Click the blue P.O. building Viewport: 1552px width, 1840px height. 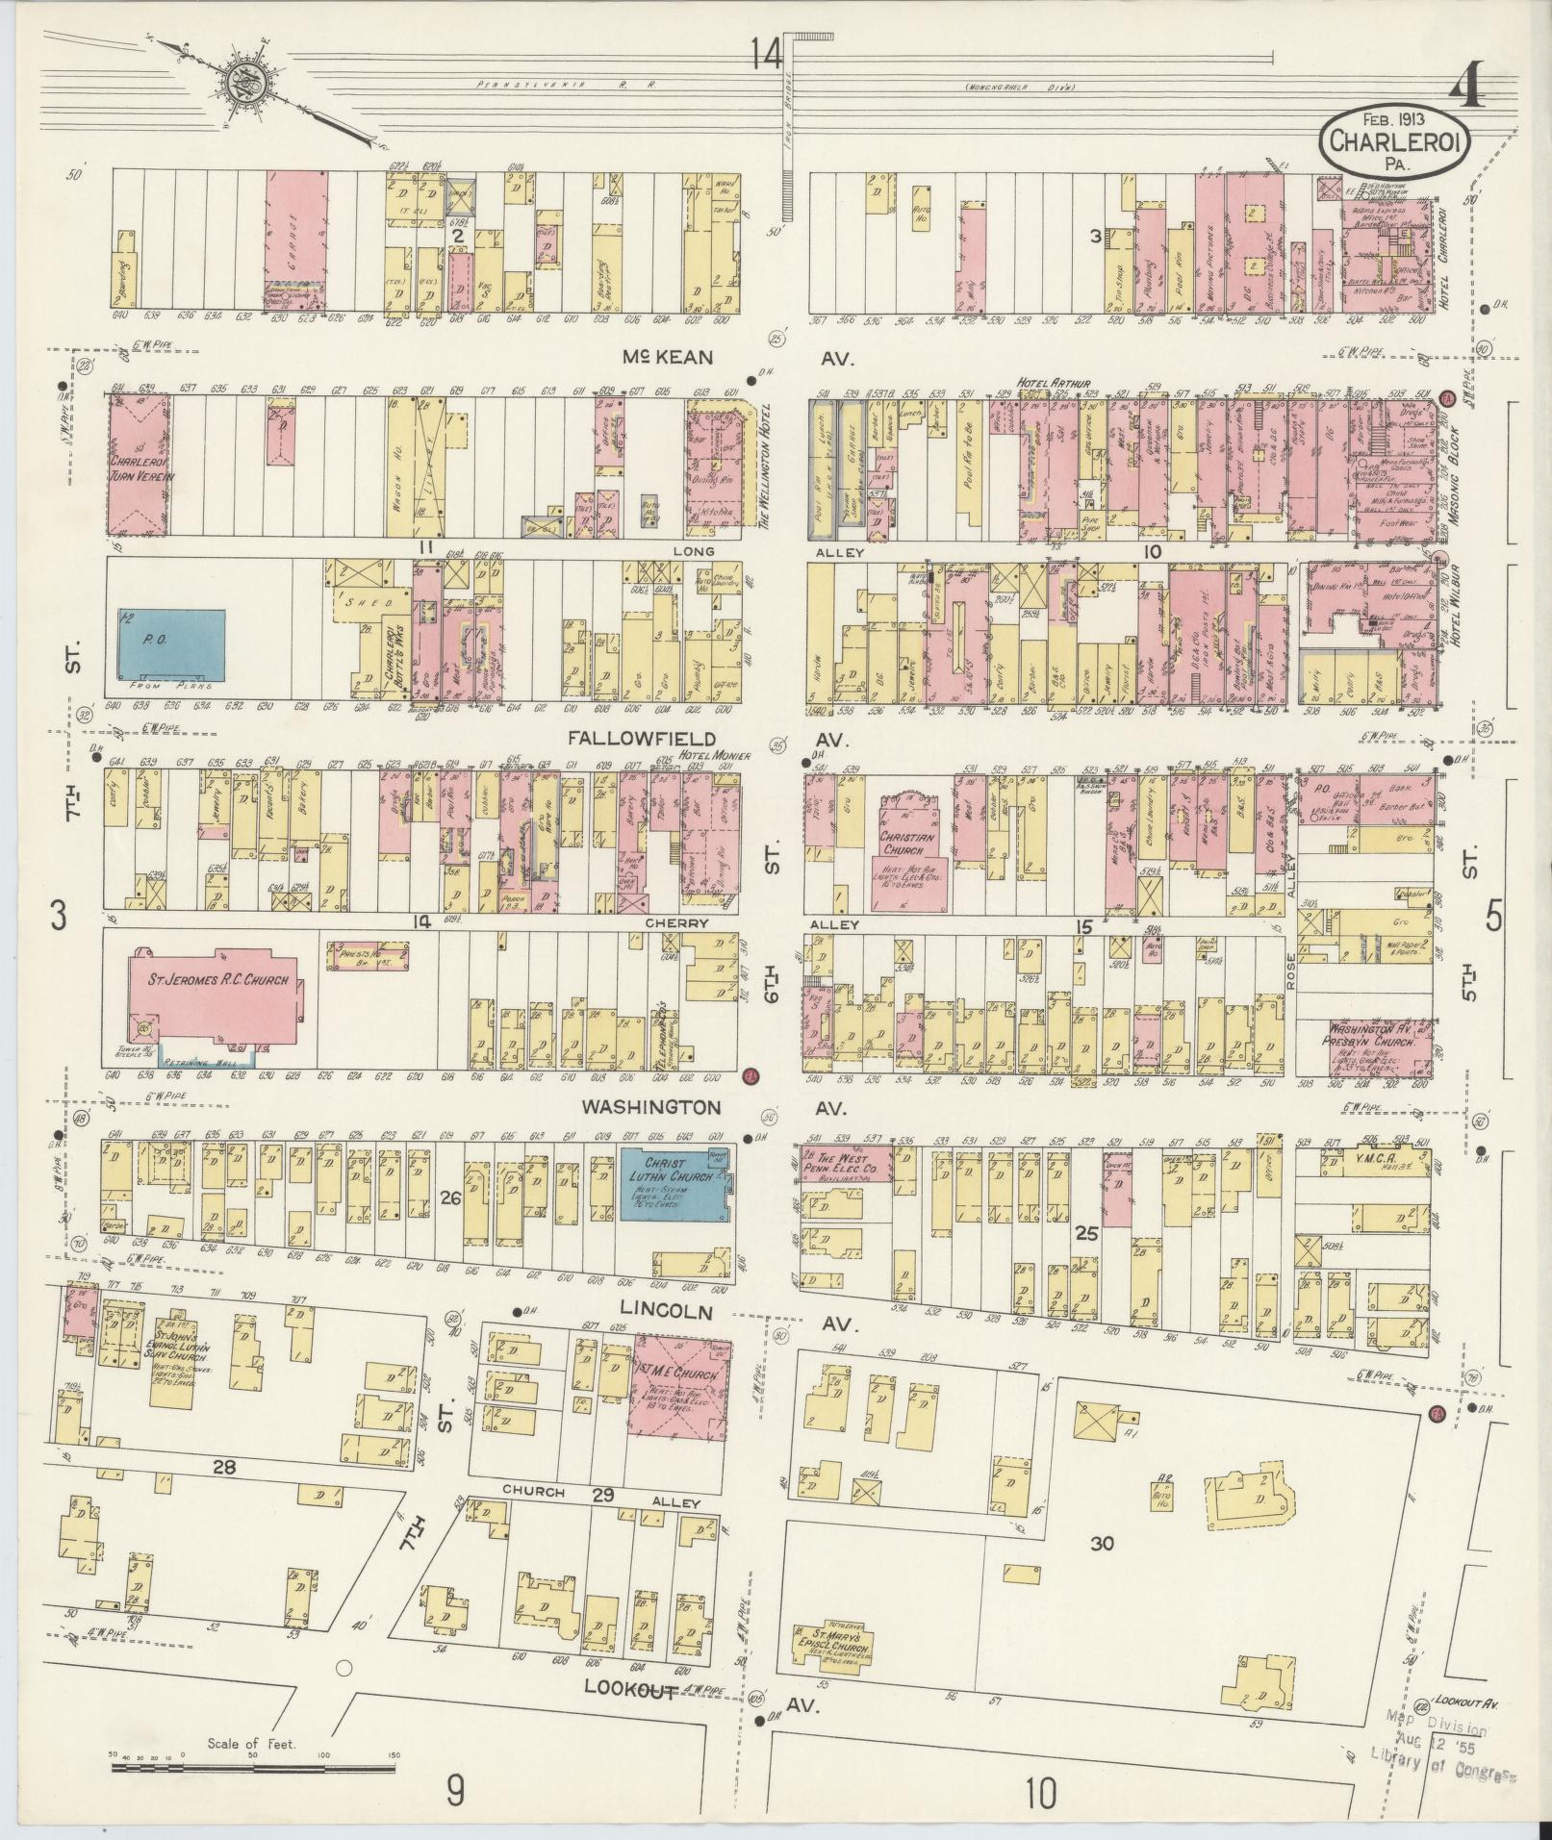point(172,642)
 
